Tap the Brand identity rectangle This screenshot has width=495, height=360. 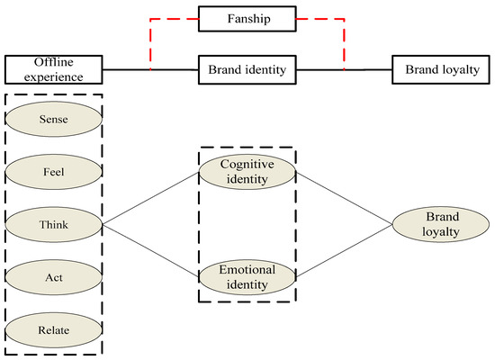pos(247,68)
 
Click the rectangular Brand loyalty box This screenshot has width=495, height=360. pos(441,68)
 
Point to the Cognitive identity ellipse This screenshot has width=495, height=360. pos(247,171)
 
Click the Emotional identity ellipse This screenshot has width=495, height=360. pos(247,275)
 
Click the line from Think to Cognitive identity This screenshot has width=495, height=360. pos(153,198)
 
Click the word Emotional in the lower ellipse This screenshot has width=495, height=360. pos(247,269)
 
